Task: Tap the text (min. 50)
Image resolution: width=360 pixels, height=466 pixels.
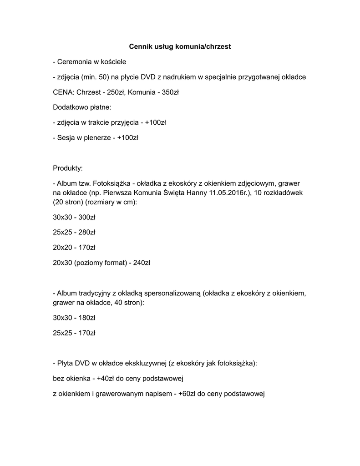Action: coord(98,77)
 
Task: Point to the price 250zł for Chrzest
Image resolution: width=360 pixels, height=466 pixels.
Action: coord(116,92)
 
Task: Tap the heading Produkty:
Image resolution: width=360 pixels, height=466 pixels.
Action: coord(68,168)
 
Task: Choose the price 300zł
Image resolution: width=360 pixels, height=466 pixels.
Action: coord(86,217)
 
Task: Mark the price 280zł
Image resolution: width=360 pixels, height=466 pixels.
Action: coord(86,232)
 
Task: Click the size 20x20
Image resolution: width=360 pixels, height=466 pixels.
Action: coord(62,248)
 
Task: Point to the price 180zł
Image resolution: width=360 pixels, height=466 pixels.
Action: coord(86,318)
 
